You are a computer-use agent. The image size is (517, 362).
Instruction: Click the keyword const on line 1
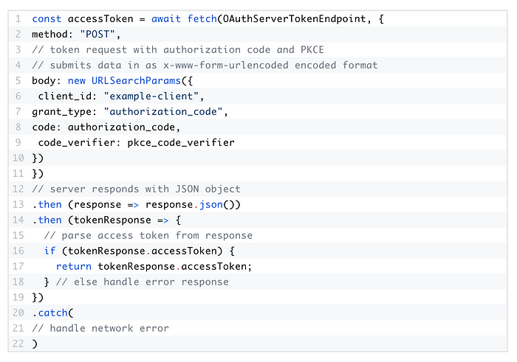[x=47, y=18]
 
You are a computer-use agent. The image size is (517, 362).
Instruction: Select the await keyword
[x=166, y=18]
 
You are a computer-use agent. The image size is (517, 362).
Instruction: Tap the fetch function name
[x=202, y=18]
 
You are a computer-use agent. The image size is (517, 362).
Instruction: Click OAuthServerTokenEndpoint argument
[x=295, y=18]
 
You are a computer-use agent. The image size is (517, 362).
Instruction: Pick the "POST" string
[x=97, y=34]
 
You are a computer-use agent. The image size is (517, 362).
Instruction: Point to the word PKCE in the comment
[x=312, y=49]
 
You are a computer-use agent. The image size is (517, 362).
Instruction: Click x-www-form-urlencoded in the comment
[x=226, y=65]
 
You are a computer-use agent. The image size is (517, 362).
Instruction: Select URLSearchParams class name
[x=136, y=80]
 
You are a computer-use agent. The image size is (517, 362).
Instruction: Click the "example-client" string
[x=151, y=96]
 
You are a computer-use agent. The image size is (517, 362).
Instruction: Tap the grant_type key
[x=61, y=112]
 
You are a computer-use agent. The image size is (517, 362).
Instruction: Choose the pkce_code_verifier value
[x=181, y=142]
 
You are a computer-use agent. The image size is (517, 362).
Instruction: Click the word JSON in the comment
[x=187, y=189]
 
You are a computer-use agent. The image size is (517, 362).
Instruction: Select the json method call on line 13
[x=211, y=205]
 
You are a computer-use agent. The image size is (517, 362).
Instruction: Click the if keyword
[x=49, y=251]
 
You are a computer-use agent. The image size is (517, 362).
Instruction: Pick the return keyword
[x=74, y=266]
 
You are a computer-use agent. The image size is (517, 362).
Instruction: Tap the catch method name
[x=52, y=313]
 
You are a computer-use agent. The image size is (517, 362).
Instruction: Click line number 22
[x=18, y=344]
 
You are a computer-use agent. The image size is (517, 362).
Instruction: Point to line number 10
[x=18, y=158]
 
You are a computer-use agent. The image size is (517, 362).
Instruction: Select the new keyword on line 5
[x=77, y=80]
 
